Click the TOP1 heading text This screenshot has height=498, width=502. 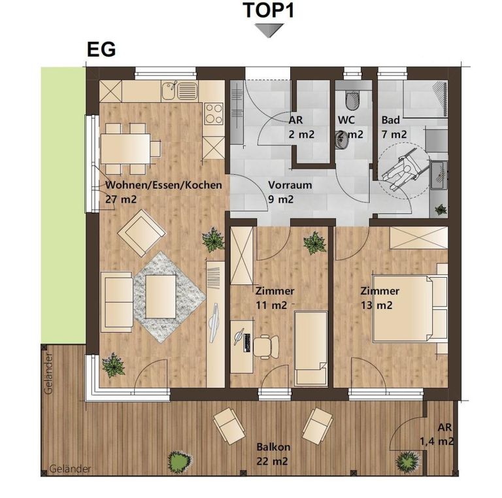(268, 10)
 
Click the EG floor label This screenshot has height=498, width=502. (101, 50)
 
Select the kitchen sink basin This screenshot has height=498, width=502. (169, 90)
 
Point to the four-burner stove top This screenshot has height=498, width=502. (214, 114)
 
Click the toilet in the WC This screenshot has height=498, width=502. (352, 100)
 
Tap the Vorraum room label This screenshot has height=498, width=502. (290, 185)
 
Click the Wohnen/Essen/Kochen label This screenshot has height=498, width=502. (163, 185)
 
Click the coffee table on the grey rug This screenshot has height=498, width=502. (161, 296)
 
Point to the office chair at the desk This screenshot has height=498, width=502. (266, 346)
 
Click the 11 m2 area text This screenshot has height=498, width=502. (271, 305)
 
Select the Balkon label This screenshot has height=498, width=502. (273, 447)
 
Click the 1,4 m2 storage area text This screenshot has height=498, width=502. (437, 442)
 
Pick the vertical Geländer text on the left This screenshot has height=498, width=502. (48, 374)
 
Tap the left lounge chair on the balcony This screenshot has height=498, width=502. (229, 425)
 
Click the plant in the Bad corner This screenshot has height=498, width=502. (441, 210)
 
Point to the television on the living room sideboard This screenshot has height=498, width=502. (214, 324)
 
